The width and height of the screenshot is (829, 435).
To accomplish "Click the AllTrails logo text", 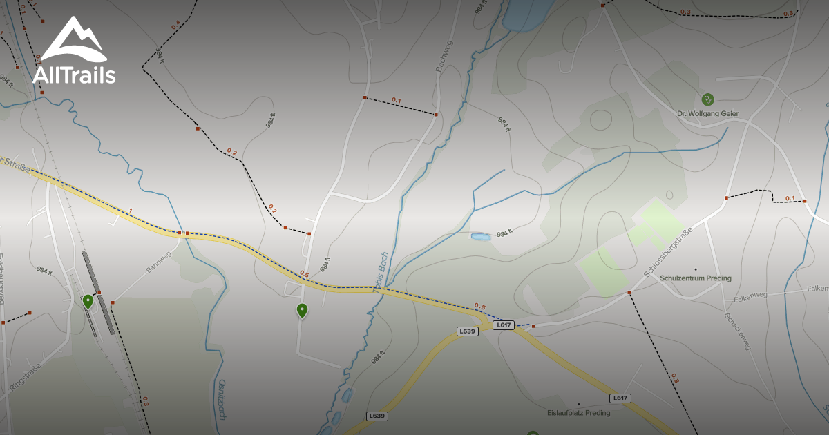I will point(74,75).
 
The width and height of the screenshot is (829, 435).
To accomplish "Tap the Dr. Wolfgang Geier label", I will point(707,113).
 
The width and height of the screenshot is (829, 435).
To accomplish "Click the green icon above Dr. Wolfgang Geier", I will point(707,99).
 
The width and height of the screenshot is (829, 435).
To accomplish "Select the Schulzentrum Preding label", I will point(696,278).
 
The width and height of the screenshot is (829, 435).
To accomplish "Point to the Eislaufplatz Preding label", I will point(578,413).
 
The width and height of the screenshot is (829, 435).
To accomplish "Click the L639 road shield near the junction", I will point(468,331).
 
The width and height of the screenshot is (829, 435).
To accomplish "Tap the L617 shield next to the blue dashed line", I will point(504,325).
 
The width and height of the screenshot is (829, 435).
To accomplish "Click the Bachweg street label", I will point(443,56).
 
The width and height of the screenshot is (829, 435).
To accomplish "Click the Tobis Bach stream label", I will point(379,272).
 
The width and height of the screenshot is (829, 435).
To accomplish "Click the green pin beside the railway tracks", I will point(88,301).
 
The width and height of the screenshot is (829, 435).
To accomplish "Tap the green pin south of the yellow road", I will point(302,311).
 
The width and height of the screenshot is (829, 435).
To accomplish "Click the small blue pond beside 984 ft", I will point(480,237).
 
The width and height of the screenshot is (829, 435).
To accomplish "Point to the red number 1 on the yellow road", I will point(129,209).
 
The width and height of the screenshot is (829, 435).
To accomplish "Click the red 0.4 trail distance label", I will point(175,25).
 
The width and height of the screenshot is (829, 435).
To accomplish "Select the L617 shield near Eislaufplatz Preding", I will point(620,398).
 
